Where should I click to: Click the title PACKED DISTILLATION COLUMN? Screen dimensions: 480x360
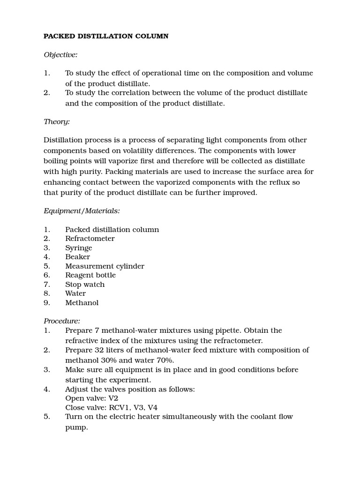[x=106, y=36]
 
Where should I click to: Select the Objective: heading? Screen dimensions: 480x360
[x=60, y=55]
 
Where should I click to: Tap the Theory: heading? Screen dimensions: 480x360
[x=57, y=121]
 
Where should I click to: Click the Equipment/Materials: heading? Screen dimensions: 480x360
[x=82, y=211]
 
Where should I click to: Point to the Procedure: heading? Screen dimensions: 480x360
[x=62, y=321]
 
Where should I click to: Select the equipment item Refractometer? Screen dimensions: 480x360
[x=90, y=239]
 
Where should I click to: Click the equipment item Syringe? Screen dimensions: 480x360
[x=79, y=248]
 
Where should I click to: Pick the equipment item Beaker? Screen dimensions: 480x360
[x=77, y=257]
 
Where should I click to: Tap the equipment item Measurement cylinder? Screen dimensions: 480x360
[x=105, y=266]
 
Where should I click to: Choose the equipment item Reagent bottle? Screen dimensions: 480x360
[x=90, y=275]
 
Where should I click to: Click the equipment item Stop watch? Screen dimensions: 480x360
[x=85, y=285]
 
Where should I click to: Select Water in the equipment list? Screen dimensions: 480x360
[x=75, y=293]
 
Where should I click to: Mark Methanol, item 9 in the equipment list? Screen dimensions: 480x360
[x=82, y=303]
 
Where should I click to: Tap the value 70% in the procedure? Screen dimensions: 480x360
[x=165, y=360]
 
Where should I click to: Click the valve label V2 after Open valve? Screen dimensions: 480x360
[x=113, y=398]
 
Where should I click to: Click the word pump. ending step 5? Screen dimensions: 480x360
[x=76, y=427]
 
